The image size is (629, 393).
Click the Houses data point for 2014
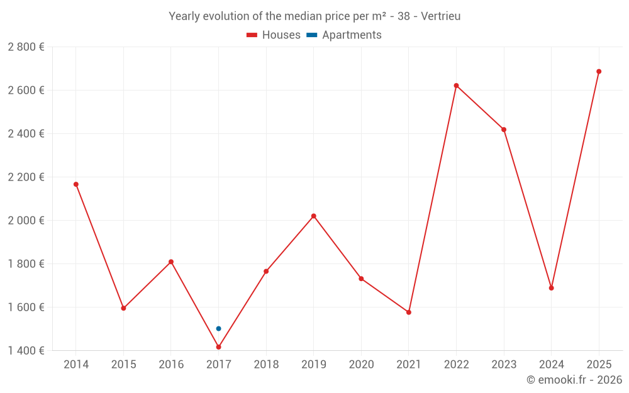click(x=76, y=184)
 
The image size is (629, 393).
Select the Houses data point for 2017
click(x=218, y=347)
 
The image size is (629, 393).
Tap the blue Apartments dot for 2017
click(x=218, y=328)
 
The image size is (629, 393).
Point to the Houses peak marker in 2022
click(x=456, y=86)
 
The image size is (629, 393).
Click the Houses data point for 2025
click(x=599, y=72)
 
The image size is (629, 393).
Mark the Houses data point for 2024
click(x=551, y=288)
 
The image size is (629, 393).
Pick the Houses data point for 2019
click(x=313, y=216)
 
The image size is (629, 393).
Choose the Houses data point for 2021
click(x=409, y=312)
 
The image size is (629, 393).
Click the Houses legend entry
click(x=274, y=35)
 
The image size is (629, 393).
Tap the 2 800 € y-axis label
click(x=26, y=47)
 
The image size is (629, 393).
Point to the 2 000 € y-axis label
click(x=26, y=221)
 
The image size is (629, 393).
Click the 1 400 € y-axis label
click(x=26, y=351)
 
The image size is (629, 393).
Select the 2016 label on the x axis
click(x=171, y=365)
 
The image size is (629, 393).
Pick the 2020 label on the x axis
click(x=361, y=365)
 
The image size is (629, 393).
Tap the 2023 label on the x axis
click(x=504, y=365)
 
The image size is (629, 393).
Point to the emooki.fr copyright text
click(x=574, y=380)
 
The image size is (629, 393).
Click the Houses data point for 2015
click(x=123, y=308)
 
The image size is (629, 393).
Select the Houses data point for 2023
click(x=504, y=130)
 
